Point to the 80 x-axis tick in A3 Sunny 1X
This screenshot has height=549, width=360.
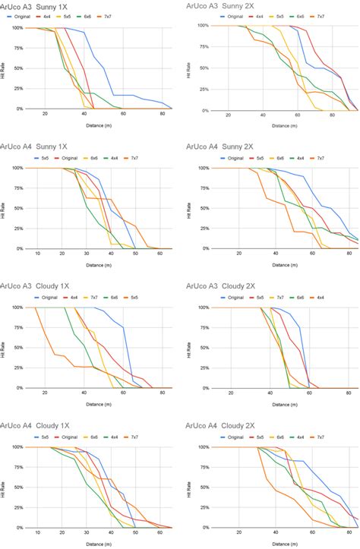[162, 114]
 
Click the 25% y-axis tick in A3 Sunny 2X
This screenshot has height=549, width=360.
[201, 89]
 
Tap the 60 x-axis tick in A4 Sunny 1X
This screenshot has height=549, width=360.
[160, 254]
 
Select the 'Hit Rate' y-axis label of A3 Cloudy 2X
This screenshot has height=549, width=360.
[188, 348]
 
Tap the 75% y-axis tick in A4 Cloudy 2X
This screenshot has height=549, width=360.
[201, 467]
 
